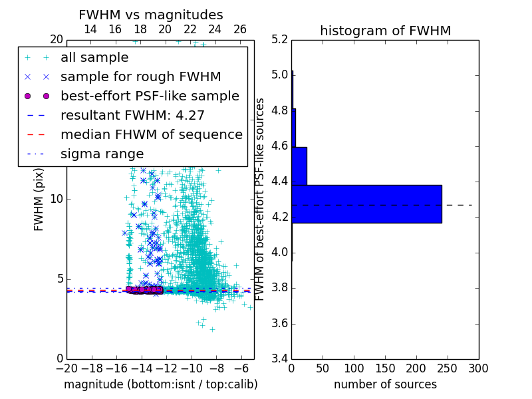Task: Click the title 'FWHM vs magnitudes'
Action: [151, 15]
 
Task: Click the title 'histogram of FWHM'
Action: [385, 31]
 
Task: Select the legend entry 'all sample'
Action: [94, 58]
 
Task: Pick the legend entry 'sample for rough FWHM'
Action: [141, 76]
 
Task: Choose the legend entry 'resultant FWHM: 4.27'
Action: [132, 115]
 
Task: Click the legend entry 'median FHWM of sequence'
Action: [151, 134]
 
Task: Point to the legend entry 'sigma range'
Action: [102, 154]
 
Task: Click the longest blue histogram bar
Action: [366, 204]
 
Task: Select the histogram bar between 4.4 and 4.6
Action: [299, 166]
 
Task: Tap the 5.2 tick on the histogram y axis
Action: [280, 39]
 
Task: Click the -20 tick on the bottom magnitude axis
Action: [66, 368]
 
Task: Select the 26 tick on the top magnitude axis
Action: [240, 29]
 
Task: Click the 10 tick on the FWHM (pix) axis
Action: [57, 199]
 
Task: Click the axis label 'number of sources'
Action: [385, 384]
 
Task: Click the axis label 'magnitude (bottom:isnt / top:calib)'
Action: [160, 384]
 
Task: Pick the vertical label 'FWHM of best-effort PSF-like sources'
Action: [261, 199]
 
